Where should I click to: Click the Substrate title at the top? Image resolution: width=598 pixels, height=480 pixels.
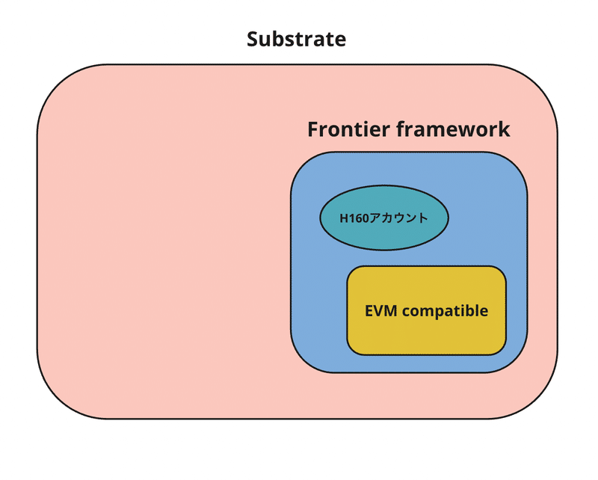point(297,39)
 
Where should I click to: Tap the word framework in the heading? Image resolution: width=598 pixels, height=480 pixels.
point(453,129)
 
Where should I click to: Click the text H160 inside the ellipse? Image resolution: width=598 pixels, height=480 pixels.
point(355,218)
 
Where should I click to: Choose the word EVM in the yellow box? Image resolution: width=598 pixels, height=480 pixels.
point(380,310)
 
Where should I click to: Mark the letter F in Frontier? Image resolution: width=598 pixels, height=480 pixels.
point(313,129)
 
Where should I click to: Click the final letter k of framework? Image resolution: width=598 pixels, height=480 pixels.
point(504,129)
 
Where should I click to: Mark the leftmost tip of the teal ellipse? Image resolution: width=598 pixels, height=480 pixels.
point(320,218)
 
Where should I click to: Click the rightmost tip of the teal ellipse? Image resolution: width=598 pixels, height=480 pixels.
point(449,218)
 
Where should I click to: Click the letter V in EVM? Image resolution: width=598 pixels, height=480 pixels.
point(380,310)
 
